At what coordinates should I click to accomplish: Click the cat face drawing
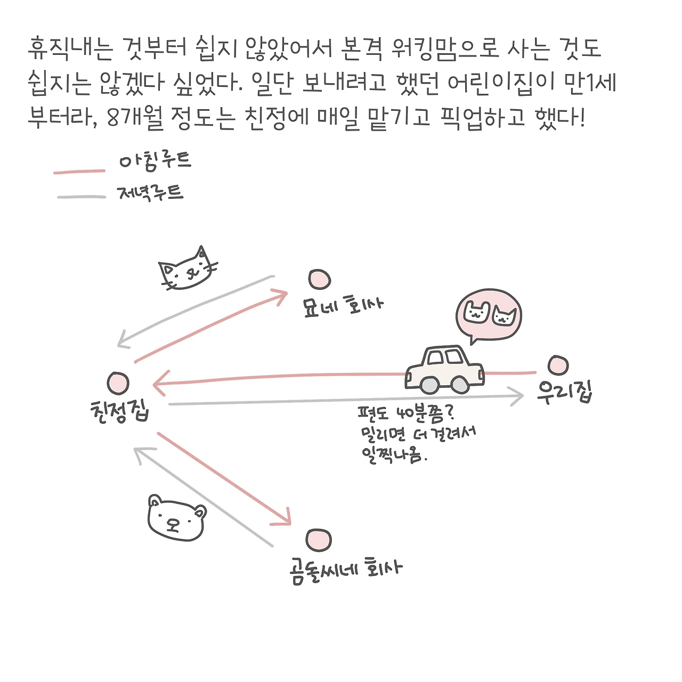point(187,269)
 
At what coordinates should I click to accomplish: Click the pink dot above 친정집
point(118,383)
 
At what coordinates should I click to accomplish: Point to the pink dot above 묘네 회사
point(319,280)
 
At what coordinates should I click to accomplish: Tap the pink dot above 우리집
point(558,365)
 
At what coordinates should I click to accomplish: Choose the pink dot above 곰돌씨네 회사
point(319,540)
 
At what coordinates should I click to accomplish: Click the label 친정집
point(120,412)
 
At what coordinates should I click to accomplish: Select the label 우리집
point(565,393)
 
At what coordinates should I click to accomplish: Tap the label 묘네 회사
point(343,306)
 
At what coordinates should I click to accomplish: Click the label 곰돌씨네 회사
point(346,570)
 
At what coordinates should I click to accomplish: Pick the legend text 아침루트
point(155,161)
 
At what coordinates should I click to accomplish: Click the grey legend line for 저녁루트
point(82,197)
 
